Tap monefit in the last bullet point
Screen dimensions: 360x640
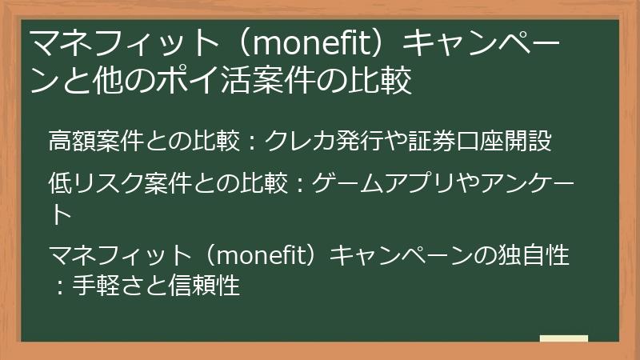point(262,258)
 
